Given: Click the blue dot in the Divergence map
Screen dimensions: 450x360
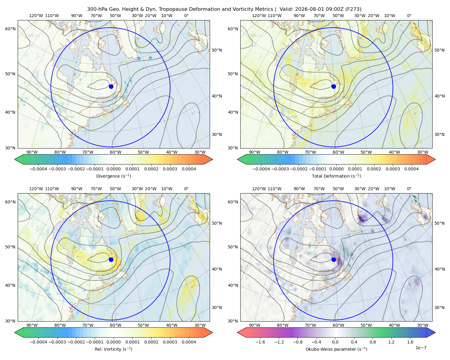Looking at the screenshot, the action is pyautogui.click(x=111, y=86).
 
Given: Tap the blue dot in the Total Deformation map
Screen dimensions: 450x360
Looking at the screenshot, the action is pyautogui.click(x=334, y=86).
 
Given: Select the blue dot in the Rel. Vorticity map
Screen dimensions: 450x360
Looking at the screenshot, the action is pyautogui.click(x=111, y=259).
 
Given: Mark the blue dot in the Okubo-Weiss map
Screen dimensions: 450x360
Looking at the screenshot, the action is pyautogui.click(x=334, y=259).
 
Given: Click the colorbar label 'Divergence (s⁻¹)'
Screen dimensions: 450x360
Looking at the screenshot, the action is pyautogui.click(x=113, y=176).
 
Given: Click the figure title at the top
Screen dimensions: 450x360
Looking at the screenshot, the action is pyautogui.click(x=224, y=9).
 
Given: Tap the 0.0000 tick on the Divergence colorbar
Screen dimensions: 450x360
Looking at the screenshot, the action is pyautogui.click(x=113, y=169).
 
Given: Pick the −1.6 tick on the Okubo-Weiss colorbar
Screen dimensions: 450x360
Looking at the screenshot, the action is pyautogui.click(x=260, y=342).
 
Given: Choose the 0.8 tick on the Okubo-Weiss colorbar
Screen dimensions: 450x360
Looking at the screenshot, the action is pyautogui.click(x=373, y=342).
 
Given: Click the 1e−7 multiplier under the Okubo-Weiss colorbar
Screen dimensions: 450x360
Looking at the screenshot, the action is pyautogui.click(x=421, y=348).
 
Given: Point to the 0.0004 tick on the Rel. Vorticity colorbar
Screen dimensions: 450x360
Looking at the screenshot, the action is pyautogui.click(x=189, y=342).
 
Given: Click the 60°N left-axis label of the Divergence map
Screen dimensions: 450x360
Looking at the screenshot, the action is pyautogui.click(x=10, y=29).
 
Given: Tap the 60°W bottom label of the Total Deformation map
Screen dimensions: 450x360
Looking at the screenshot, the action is pyautogui.click(x=338, y=152).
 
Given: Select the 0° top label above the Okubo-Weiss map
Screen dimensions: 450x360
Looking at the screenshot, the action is pyautogui.click(x=409, y=188).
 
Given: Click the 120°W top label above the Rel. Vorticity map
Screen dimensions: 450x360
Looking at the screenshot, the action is pyautogui.click(x=36, y=188).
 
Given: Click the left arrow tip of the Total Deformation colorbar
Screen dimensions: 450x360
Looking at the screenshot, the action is pyautogui.click(x=237, y=159).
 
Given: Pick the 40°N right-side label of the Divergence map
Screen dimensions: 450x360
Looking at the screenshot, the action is pyautogui.click(x=217, y=96).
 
